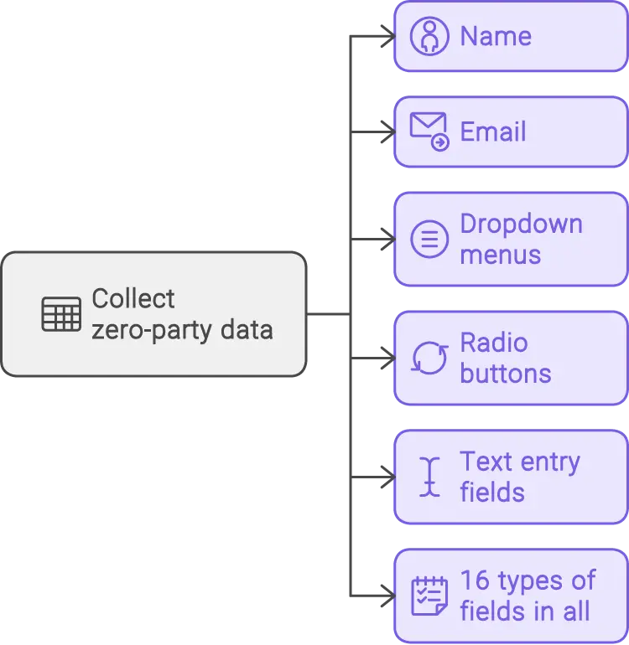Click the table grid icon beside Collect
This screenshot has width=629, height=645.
coord(61,314)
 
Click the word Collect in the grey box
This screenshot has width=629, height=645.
coord(133,299)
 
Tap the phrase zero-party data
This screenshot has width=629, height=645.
coord(182,330)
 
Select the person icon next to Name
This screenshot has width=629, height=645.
coord(429,36)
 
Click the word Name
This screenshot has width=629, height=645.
coord(496,37)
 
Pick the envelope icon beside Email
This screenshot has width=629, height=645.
coord(429,132)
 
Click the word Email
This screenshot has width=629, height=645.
coord(493,132)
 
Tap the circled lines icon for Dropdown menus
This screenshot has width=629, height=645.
coord(429,240)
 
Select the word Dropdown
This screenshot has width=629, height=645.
coord(521,224)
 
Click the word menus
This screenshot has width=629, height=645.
coord(500,255)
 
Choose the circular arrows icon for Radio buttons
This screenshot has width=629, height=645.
coord(429,359)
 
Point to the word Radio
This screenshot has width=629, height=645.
coord(493,343)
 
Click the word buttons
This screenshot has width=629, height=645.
coord(505,374)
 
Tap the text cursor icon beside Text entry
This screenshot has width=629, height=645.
coord(430,477)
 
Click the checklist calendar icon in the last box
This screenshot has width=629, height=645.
coord(429,596)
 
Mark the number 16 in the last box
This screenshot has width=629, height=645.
coord(474,581)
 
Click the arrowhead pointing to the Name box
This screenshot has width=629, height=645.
coord(385,36)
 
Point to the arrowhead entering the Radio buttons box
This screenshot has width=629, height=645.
coord(385,359)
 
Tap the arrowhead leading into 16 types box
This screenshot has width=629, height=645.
coord(385,596)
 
